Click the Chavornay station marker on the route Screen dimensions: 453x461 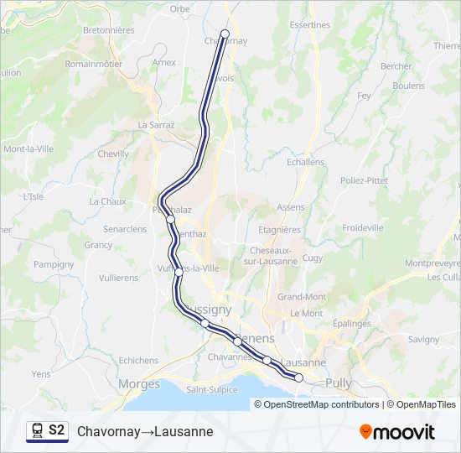(x=225, y=34)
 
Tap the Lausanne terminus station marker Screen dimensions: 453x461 (x=299, y=378)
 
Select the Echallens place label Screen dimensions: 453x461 (x=305, y=162)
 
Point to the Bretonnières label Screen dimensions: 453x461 (x=109, y=29)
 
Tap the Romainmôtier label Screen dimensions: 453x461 (x=94, y=63)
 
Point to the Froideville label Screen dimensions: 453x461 (x=363, y=227)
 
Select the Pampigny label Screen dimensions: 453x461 (x=54, y=264)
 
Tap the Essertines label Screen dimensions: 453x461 (x=309, y=25)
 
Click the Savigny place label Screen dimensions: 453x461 (x=425, y=339)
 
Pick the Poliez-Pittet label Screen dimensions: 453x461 (x=364, y=180)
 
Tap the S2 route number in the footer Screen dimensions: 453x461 (x=57, y=430)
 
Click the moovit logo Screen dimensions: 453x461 (x=397, y=432)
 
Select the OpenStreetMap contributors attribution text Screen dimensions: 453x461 (x=322, y=404)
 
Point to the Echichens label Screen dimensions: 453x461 (x=138, y=361)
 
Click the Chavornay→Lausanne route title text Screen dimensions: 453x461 (x=145, y=432)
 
